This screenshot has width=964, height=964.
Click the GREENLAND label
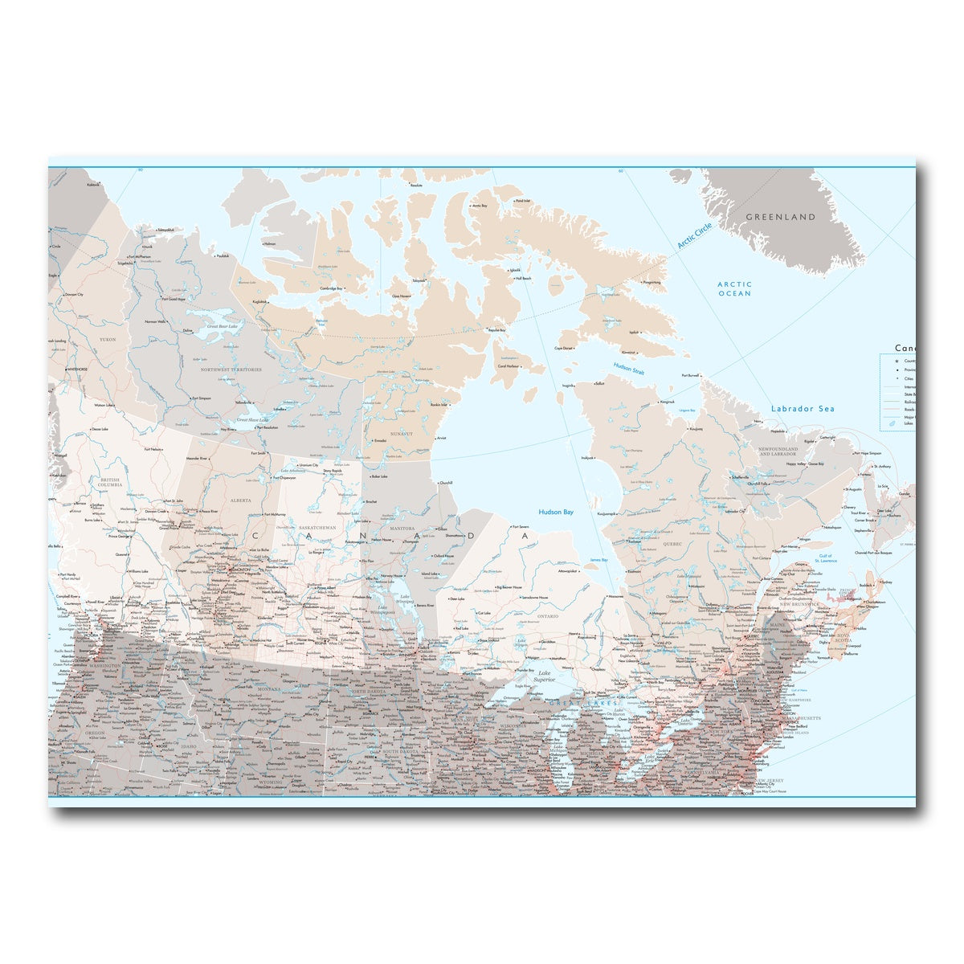pos(780,217)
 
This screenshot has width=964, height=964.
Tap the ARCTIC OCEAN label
pos(734,288)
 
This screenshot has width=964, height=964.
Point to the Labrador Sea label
pos(803,409)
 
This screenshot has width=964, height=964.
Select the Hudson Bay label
pos(556,512)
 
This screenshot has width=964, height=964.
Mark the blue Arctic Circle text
pos(694,235)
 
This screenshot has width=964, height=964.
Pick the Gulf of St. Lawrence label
pos(827,558)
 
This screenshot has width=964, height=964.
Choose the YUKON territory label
pos(108,340)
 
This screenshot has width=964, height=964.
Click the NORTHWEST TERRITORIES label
pos(231,370)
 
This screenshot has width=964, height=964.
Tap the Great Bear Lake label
pos(222,326)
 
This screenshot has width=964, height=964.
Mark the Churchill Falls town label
pos(759,484)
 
